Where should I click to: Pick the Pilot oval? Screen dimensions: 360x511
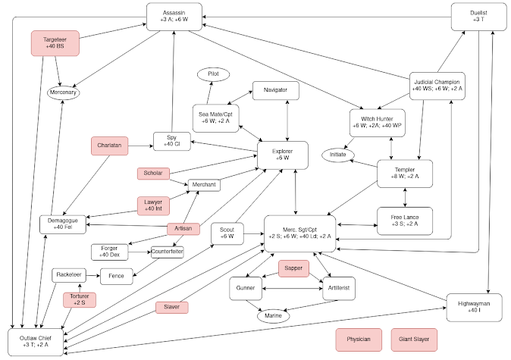tap(213, 74)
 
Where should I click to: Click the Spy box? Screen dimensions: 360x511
tap(171, 140)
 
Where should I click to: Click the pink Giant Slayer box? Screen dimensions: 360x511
tap(414, 340)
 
